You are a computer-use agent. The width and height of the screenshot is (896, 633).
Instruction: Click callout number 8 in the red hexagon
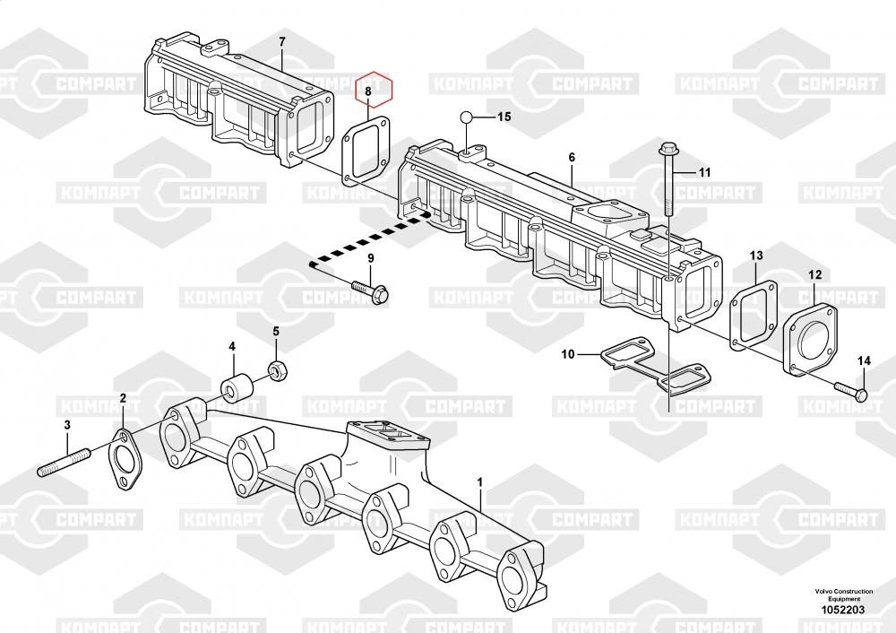[x=366, y=91]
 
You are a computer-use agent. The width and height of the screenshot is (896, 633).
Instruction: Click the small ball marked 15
[x=467, y=117]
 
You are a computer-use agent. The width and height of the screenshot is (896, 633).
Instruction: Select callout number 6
[x=571, y=158]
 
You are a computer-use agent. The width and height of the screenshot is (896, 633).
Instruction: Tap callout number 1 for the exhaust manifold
[x=480, y=482]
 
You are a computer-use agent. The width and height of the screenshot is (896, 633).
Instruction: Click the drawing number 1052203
[x=840, y=610]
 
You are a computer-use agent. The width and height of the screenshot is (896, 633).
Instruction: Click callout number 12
[x=814, y=274]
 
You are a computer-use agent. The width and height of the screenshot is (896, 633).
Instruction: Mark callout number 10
[x=568, y=354]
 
